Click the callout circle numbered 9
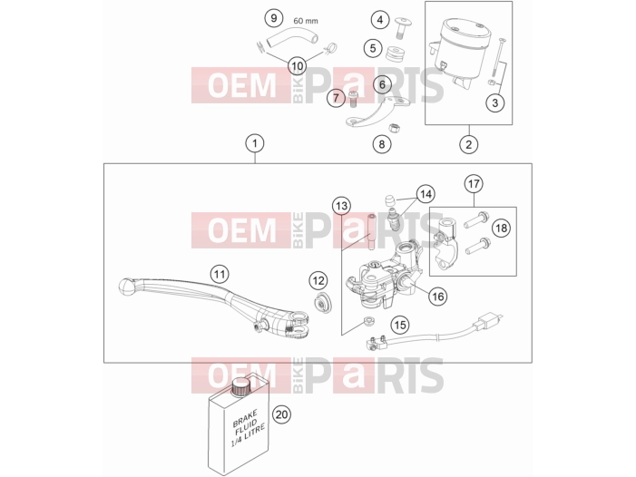coord(274,18)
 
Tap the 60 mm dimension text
coord(306,21)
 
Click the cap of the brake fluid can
coord(240,385)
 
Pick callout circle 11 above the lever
coord(220,275)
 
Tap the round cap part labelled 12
coord(322,303)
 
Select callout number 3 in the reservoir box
coord(494,102)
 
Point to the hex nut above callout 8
coord(394,129)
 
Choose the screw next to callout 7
coord(352,99)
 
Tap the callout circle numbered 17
coord(474,183)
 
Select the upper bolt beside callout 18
coord(477,219)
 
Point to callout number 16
coord(438,297)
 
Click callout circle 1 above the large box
coord(255,143)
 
